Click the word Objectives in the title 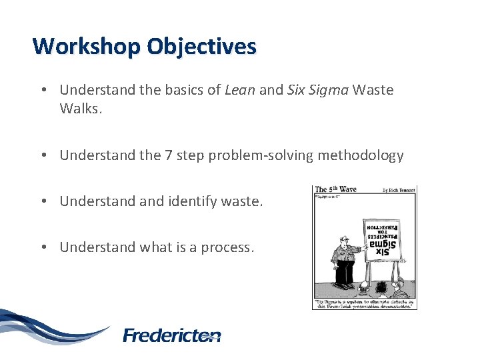(x=201, y=47)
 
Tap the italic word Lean (x=239, y=90)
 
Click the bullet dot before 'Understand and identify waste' (x=41, y=201)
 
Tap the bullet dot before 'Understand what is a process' (x=41, y=247)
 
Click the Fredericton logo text (x=172, y=335)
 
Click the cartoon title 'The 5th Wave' (x=335, y=189)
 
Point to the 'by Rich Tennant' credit (x=398, y=190)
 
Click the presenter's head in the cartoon (x=343, y=241)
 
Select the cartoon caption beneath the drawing (x=365, y=303)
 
